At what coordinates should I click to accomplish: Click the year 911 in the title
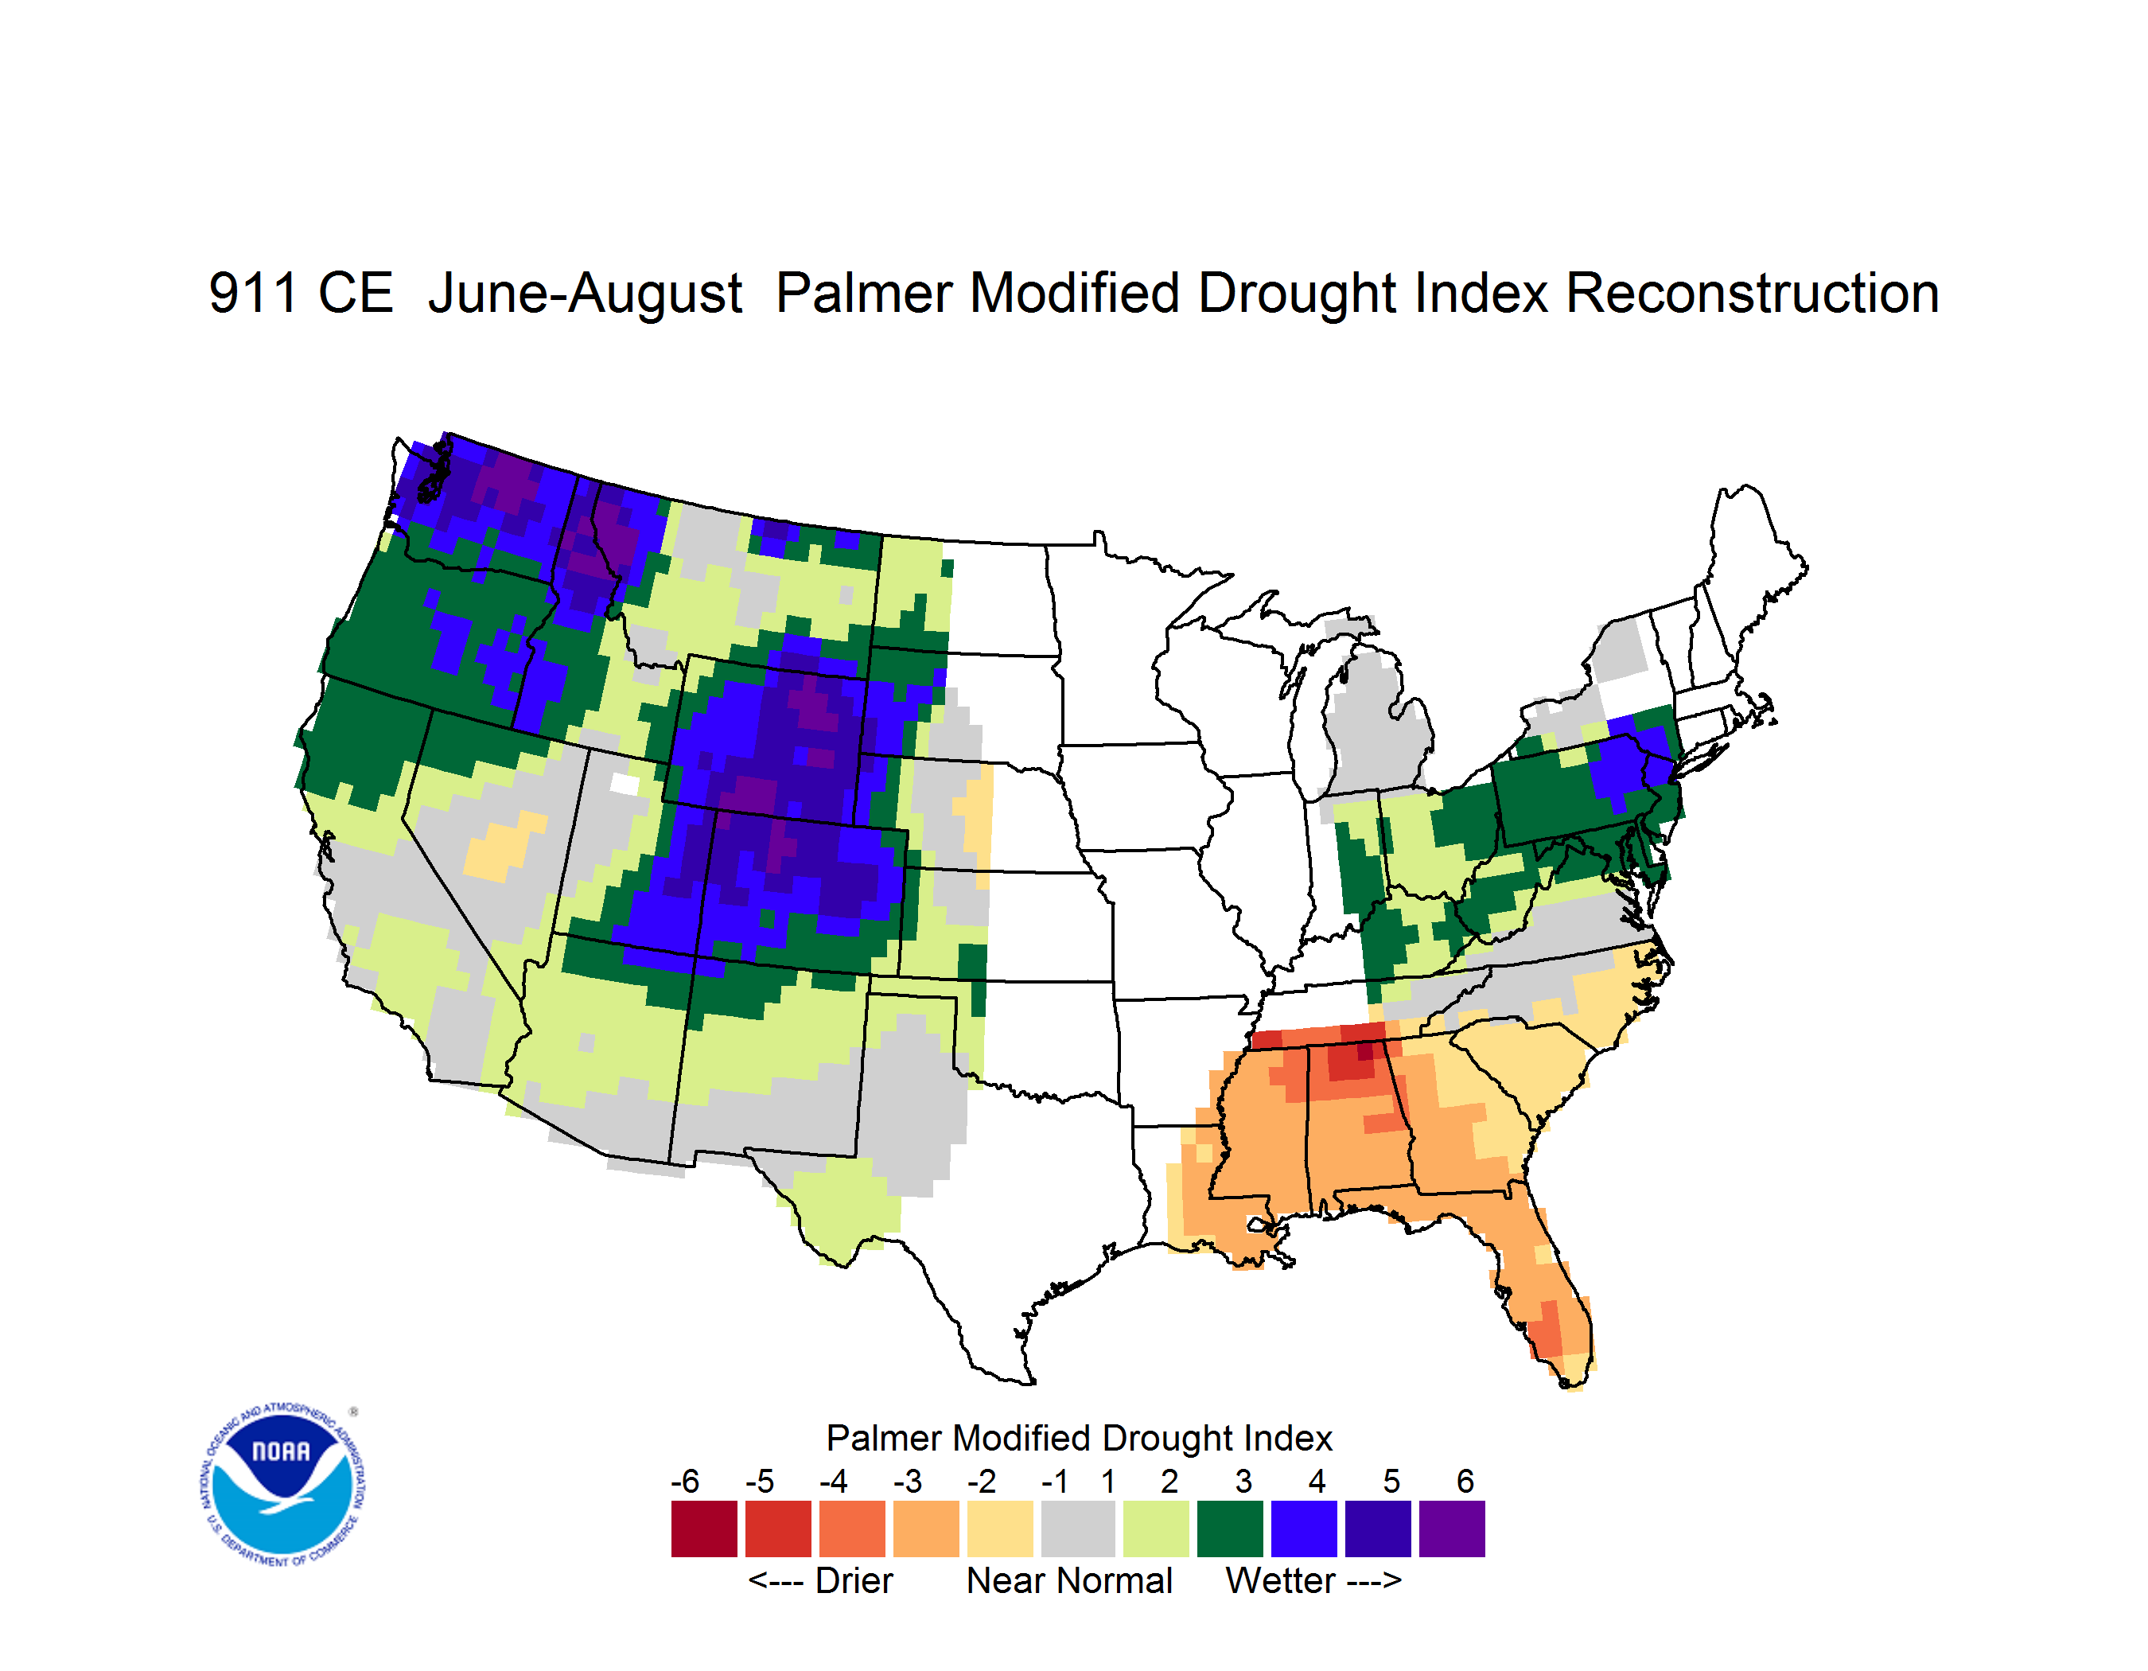(253, 293)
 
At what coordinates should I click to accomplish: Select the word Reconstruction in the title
(1752, 293)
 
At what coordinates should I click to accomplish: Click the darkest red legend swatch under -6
(704, 1529)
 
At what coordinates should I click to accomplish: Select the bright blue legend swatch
(1304, 1529)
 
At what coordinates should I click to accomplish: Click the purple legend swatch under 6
(1452, 1529)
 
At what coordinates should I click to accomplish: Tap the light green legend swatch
(1156, 1529)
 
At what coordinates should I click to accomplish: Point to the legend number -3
(907, 1481)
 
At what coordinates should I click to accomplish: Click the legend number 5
(1391, 1481)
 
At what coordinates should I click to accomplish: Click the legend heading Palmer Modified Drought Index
(1079, 1438)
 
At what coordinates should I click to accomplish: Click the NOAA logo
(283, 1485)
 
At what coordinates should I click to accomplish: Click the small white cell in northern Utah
(625, 784)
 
